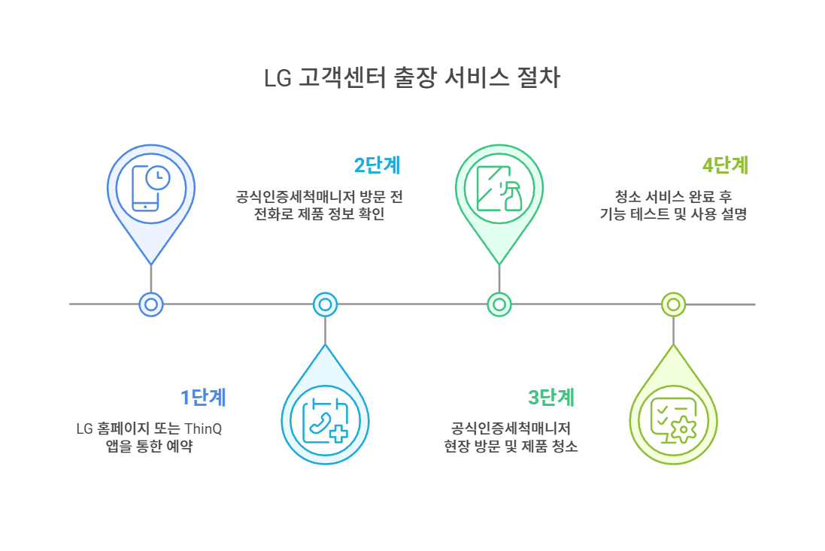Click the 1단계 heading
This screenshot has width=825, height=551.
[202, 398]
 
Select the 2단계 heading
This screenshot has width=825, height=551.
[377, 165]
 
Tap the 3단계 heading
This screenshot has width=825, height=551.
[551, 397]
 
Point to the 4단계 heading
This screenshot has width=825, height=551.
[725, 165]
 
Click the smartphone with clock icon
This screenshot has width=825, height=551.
[151, 187]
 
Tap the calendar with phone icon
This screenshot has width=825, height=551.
[325, 421]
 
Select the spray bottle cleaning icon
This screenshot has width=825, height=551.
[499, 188]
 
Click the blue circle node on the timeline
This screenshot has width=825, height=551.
[151, 304]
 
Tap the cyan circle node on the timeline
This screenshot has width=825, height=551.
[325, 304]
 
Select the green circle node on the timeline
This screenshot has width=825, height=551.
[499, 304]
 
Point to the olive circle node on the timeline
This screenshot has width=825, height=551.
[673, 304]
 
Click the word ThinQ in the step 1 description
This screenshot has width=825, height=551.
[205, 429]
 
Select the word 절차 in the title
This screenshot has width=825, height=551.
[539, 79]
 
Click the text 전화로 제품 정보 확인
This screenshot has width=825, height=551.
[325, 214]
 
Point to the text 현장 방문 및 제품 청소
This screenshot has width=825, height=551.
[511, 447]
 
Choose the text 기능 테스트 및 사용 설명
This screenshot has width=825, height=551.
[673, 214]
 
